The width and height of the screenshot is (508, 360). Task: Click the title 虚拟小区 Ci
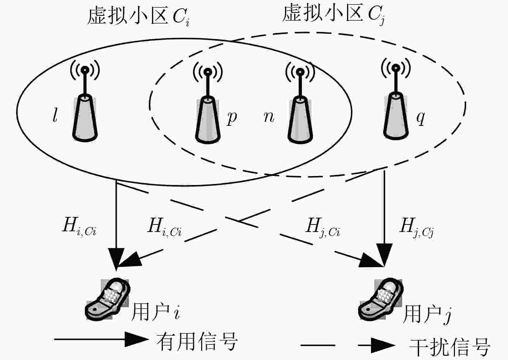point(138,16)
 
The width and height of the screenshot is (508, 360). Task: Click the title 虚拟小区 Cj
point(333,14)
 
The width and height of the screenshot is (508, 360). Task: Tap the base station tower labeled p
point(208,103)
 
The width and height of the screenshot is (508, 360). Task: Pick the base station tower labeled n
point(300,103)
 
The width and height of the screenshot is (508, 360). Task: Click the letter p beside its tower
point(232,118)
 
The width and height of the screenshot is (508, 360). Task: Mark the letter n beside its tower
point(269,117)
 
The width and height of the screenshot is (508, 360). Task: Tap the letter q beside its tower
point(421,118)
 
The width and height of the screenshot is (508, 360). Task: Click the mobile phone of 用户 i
point(107,299)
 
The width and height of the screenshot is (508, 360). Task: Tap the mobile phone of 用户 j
point(380,299)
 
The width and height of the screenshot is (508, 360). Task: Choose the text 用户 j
point(427,315)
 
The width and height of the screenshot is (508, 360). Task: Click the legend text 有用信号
point(196,342)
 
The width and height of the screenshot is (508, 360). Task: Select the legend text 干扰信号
point(450,347)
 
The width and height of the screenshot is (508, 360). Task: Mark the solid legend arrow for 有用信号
point(101,339)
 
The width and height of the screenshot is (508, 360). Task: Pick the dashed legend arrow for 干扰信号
point(348,345)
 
